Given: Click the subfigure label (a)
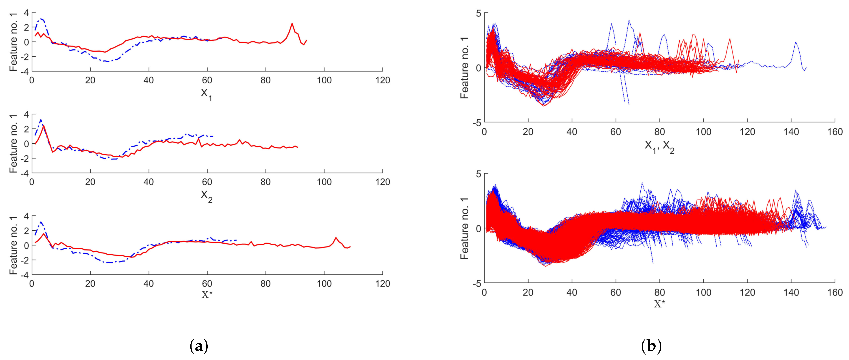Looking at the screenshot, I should (199, 347).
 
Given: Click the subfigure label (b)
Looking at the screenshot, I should (652, 347).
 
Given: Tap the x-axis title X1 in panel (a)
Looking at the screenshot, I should (206, 95).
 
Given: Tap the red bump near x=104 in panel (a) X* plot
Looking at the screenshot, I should (336, 238).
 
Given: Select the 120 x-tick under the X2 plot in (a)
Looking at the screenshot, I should (382, 182).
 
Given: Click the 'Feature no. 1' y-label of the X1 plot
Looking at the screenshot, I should (13, 42).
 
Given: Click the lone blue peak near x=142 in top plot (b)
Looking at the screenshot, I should (796, 42).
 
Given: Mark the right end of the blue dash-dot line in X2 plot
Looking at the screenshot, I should (213, 136).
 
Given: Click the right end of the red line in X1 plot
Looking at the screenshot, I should (306, 40).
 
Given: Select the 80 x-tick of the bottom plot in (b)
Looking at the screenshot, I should (659, 292).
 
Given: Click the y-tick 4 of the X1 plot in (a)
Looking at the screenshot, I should (26, 13).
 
